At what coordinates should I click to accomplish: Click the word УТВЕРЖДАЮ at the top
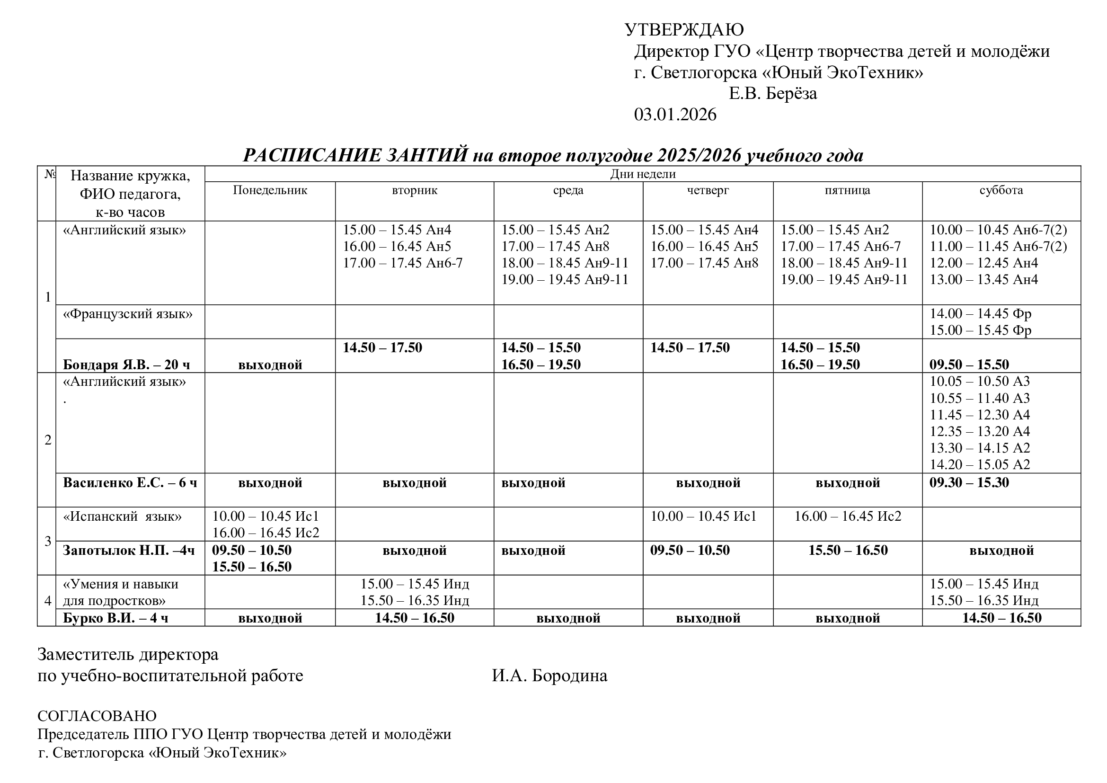click(x=684, y=30)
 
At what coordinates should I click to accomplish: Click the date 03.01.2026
click(x=675, y=115)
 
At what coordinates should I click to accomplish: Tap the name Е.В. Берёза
click(x=772, y=94)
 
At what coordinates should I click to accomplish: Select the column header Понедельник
click(x=270, y=190)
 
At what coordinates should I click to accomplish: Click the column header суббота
click(x=1001, y=190)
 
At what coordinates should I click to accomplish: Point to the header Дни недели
click(x=643, y=174)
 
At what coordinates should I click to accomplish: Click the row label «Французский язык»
click(x=128, y=314)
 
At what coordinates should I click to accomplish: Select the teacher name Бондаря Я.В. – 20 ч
click(x=126, y=365)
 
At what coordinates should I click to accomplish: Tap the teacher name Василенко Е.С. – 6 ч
click(x=130, y=482)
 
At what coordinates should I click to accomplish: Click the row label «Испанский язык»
click(x=123, y=516)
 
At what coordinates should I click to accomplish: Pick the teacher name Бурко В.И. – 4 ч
click(x=115, y=618)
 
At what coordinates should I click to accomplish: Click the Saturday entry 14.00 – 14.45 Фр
click(x=980, y=314)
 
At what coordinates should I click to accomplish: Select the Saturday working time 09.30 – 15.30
click(x=969, y=482)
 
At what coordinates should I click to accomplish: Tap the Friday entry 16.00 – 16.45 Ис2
click(x=848, y=516)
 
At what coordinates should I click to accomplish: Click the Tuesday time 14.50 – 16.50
click(x=415, y=618)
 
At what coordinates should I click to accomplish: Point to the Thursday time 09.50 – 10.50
click(x=690, y=550)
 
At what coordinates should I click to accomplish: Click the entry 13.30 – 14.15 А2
click(x=980, y=448)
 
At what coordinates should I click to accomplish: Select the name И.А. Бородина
click(x=549, y=676)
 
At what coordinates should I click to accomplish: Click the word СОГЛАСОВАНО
click(x=97, y=715)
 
